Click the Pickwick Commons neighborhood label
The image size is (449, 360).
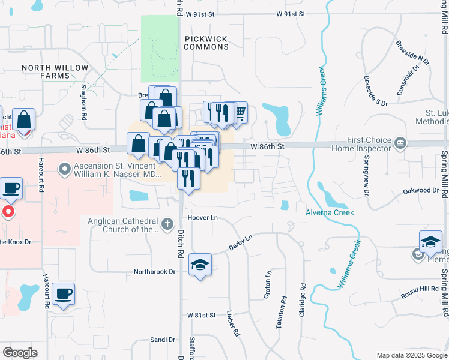(x=206, y=43)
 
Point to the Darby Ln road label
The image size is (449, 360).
(x=240, y=242)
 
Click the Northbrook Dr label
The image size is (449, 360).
(x=155, y=272)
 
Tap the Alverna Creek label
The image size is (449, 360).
(x=330, y=212)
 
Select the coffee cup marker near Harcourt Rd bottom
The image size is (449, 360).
(x=63, y=293)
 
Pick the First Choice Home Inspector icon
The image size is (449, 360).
(x=400, y=143)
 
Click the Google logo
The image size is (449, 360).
(x=20, y=353)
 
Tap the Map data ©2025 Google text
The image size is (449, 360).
(x=411, y=355)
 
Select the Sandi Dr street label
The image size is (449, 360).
(x=162, y=340)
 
